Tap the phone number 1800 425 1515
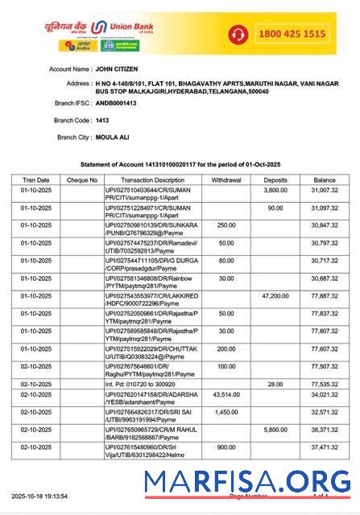[x=292, y=34]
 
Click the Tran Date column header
[x=35, y=180]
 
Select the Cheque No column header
[x=81, y=180]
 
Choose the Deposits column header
[x=275, y=180]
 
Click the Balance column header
[x=324, y=180]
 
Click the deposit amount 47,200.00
[x=275, y=296]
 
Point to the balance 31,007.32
[x=324, y=191]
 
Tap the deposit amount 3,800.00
[x=275, y=191]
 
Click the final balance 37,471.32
[x=324, y=447]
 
